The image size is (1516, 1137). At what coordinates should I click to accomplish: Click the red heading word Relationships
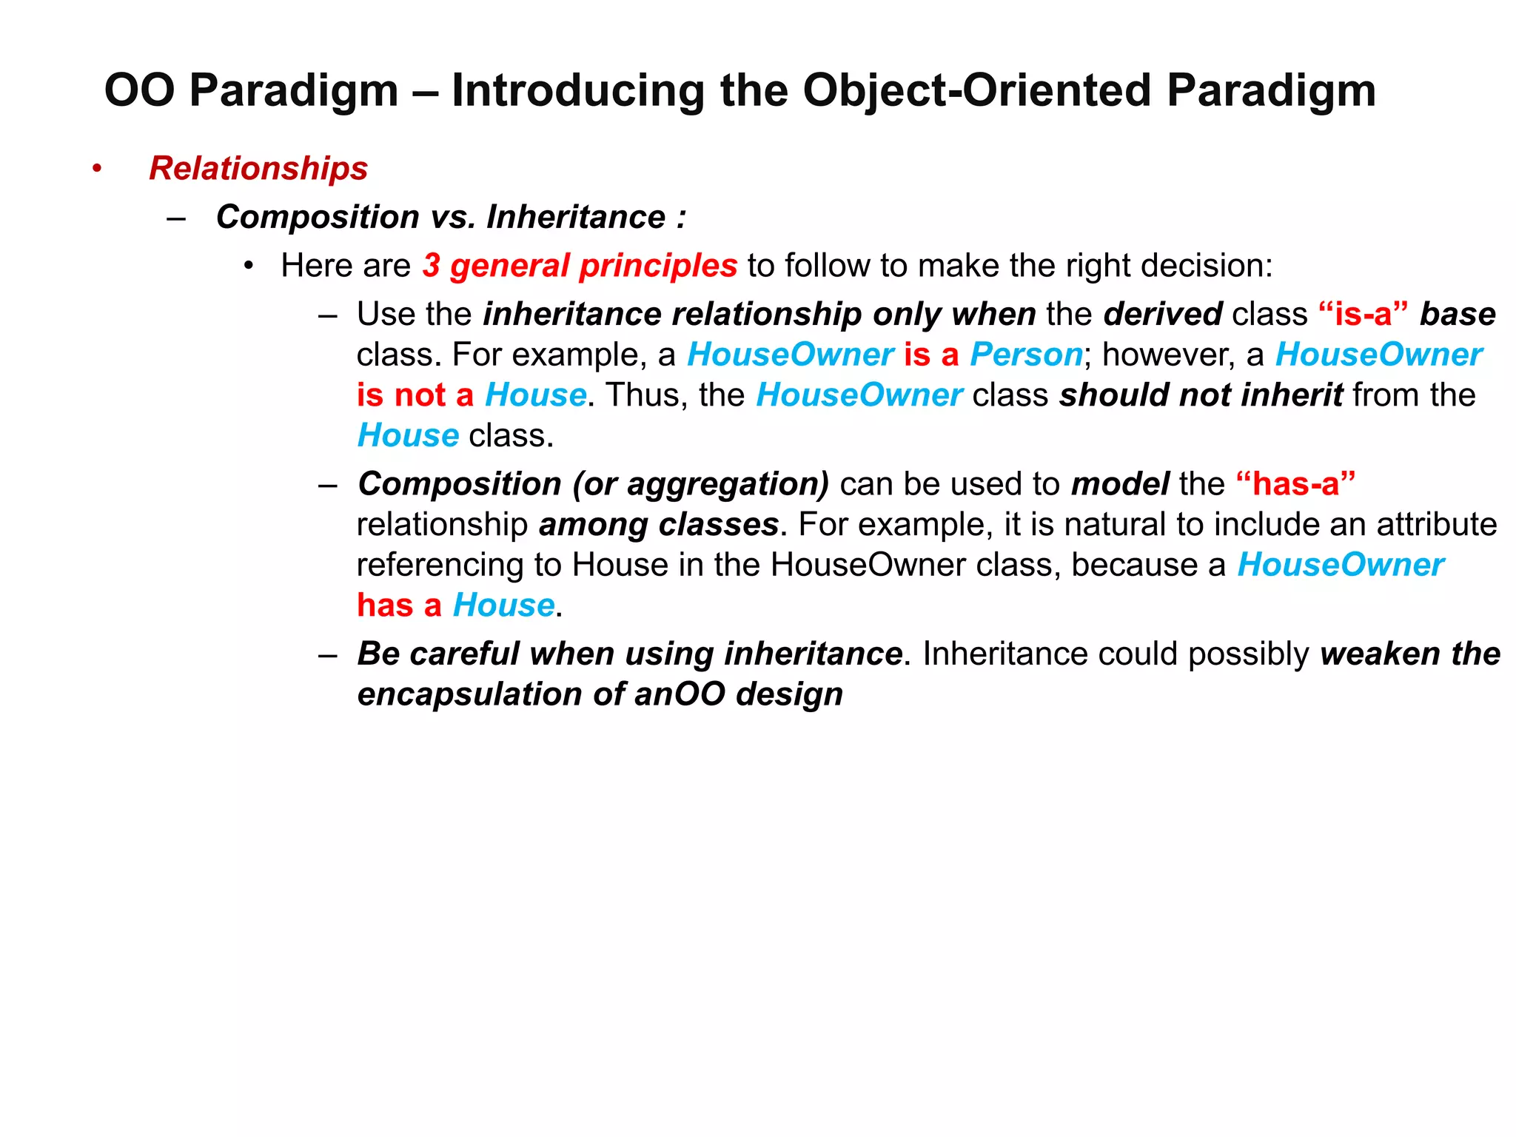click(258, 168)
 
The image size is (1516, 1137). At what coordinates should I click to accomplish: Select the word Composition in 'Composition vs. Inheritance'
click(318, 217)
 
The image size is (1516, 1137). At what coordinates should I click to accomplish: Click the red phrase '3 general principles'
click(580, 265)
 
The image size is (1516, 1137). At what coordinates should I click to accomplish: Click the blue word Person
click(1026, 355)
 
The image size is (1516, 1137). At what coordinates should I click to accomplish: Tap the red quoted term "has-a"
click(1295, 484)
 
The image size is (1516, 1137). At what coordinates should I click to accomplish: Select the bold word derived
click(1162, 314)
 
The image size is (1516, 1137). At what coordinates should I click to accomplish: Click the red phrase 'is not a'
click(415, 395)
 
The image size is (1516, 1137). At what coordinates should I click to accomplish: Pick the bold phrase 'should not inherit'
click(1201, 395)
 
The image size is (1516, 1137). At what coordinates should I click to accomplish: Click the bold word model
click(1119, 484)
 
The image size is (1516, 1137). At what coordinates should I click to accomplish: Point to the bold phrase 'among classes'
click(659, 525)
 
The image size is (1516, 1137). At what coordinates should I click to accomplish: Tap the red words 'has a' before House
click(399, 606)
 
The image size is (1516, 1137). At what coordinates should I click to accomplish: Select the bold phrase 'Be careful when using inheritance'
click(629, 654)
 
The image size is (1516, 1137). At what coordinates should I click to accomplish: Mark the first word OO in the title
click(140, 90)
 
